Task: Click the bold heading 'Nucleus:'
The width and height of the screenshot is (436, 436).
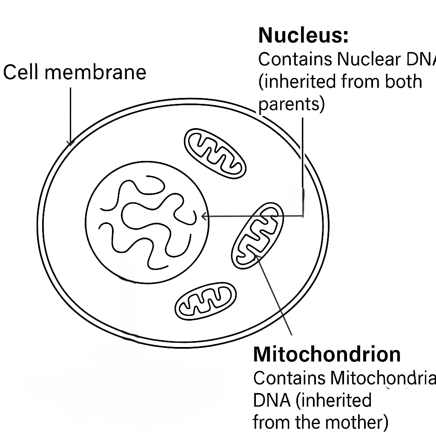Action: pyautogui.click(x=303, y=35)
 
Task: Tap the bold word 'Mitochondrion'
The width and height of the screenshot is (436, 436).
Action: pyautogui.click(x=327, y=354)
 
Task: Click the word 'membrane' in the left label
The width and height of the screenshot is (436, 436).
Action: pyautogui.click(x=95, y=72)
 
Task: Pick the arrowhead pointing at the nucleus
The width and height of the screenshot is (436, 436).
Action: pyautogui.click(x=204, y=216)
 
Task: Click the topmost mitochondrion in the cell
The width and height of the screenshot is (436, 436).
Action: pyautogui.click(x=215, y=152)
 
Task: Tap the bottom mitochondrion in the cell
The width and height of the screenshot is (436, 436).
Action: pyautogui.click(x=206, y=301)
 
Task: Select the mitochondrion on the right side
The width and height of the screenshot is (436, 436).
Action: pyautogui.click(x=257, y=235)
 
